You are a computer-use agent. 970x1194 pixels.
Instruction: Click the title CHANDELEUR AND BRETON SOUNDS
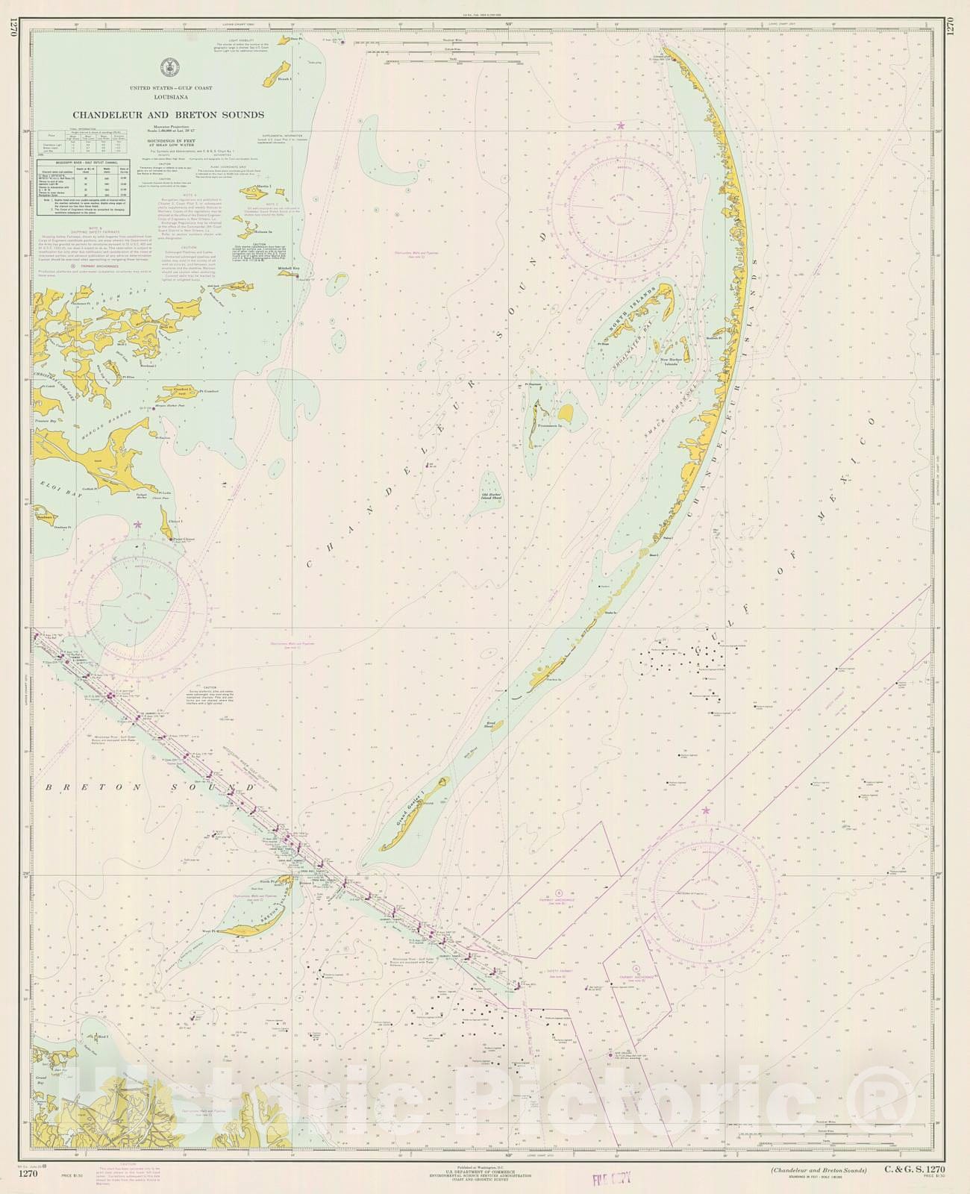[168, 115]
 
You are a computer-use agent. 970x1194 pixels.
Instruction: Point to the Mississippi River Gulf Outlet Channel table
[83, 187]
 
